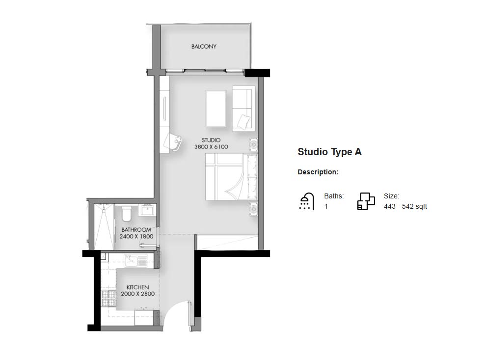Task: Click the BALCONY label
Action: tap(204, 47)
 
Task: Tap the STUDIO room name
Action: tap(211, 140)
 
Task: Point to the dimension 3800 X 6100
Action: tap(211, 147)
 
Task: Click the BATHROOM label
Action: tap(136, 230)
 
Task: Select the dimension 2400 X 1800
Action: tap(136, 237)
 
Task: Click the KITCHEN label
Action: tap(137, 287)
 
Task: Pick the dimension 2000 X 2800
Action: tap(137, 294)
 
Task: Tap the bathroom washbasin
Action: tap(147, 210)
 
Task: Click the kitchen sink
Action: tap(135, 261)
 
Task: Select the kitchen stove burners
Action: tap(108, 298)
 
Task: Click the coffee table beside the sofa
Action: tap(216, 109)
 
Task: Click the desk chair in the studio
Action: tap(173, 142)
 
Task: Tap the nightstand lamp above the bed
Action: tap(254, 144)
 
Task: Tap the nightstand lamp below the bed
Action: tap(254, 209)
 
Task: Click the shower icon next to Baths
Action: tap(306, 202)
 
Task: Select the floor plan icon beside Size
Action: tap(366, 202)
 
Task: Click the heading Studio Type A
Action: tap(330, 152)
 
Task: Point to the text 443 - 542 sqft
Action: tap(405, 207)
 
